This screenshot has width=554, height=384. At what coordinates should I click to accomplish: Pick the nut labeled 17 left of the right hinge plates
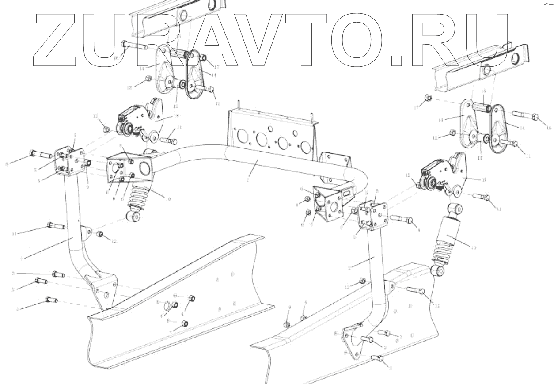coord(427,98)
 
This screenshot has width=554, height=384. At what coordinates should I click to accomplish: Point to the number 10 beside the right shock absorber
coord(473,248)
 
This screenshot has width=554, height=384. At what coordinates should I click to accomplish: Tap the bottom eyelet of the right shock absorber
coord(438,270)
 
